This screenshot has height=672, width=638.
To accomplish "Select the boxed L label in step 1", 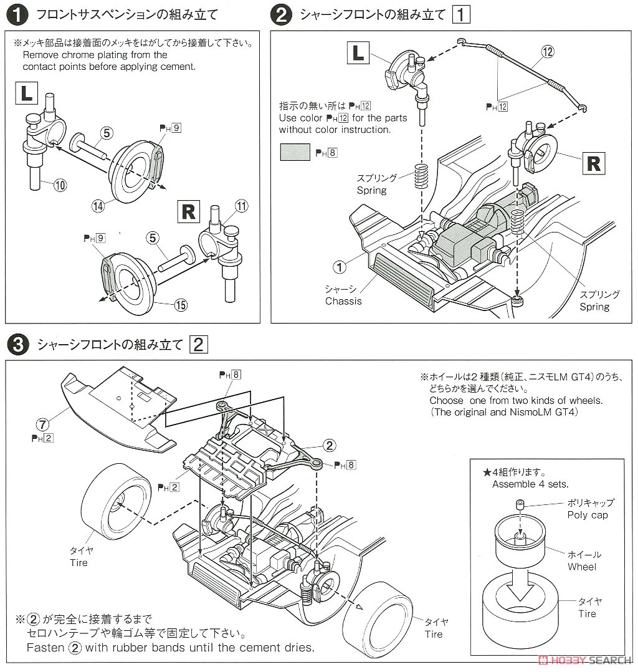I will click(26, 94).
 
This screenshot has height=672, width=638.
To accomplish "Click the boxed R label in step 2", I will click(593, 163).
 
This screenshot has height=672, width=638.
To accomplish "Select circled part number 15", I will click(180, 305).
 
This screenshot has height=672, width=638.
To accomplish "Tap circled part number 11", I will click(242, 206).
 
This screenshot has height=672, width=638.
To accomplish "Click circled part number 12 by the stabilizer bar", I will click(548, 52).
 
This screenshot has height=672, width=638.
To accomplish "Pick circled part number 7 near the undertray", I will click(42, 425).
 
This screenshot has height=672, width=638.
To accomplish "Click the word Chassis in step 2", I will click(343, 301).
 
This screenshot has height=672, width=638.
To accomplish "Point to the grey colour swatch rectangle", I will click(295, 151).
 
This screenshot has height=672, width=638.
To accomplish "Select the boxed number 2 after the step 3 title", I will click(198, 344).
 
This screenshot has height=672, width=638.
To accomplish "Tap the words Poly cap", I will click(587, 515).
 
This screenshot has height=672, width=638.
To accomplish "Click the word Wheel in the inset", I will click(581, 567).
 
